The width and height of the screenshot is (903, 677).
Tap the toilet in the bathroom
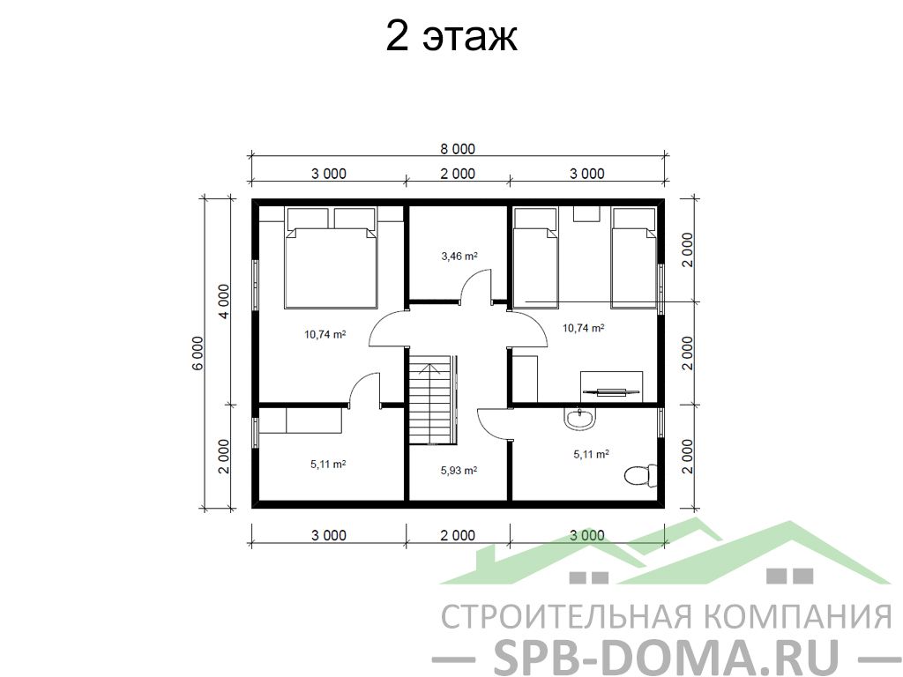640,475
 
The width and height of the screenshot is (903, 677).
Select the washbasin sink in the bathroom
580,417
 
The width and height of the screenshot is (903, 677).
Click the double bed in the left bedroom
330,258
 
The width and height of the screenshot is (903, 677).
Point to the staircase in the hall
433,399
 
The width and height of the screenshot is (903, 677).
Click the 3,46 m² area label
459,257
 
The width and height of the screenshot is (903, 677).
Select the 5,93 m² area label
459,471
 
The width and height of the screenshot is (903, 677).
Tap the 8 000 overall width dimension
458,149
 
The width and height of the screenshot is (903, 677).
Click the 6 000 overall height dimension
198,353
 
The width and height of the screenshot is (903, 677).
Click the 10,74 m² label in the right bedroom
584,328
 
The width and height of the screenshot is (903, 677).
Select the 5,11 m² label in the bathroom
592,454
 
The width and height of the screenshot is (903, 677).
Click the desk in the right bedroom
611,383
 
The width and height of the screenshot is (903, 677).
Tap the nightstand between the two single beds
586,214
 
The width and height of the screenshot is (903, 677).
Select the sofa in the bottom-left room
301,420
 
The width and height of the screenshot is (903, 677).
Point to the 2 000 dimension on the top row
458,174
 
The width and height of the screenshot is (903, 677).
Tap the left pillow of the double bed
308,218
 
